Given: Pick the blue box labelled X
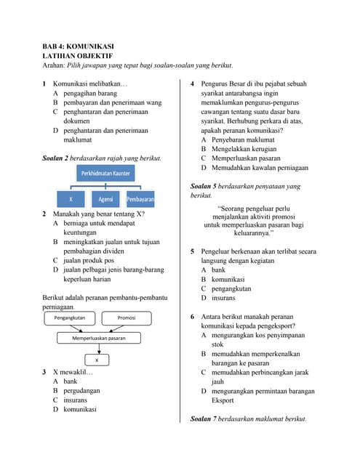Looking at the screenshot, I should click(71, 198).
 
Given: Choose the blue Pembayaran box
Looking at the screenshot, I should click(140, 198).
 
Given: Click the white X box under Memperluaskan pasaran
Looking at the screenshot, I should click(97, 359).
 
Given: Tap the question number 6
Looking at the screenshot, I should click(192, 317).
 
